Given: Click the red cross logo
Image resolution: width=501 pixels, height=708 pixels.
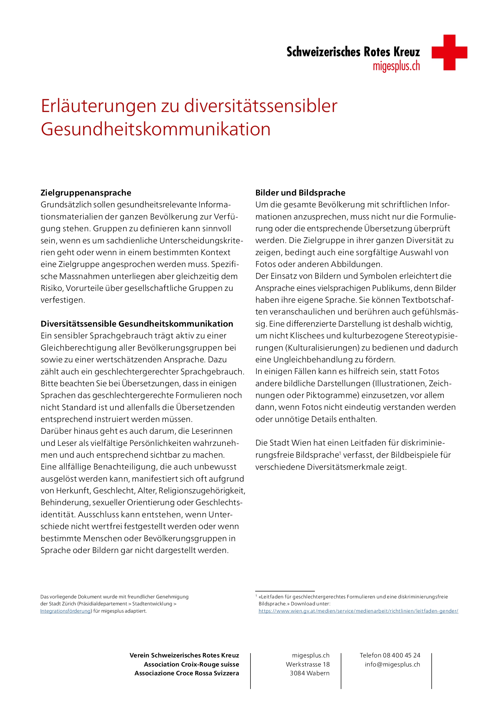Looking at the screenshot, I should coord(449,52).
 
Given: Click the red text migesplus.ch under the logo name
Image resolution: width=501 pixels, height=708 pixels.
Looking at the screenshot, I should coord(396,66).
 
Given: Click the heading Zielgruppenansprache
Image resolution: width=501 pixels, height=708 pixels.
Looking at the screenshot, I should coord(86,193).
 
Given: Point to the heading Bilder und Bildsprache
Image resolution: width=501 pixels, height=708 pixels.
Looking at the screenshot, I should coord(300,193).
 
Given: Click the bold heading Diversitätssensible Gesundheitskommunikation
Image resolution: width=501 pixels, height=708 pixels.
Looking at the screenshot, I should coord(137,324).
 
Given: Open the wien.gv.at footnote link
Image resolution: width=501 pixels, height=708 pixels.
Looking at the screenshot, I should coord(358,611).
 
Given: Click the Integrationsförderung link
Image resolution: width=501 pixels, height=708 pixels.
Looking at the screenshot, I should coord(65,611).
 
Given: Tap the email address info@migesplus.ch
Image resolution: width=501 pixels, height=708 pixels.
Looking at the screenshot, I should coord(392,664).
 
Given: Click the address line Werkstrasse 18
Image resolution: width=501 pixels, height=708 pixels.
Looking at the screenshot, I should coord(307,664).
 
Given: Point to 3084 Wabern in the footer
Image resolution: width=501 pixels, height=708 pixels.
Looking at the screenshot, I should coord(310,673).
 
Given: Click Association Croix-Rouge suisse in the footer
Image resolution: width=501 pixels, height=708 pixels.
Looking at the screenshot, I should coord(191,664).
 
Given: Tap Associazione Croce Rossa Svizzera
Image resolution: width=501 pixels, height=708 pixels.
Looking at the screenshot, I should coord(187,673).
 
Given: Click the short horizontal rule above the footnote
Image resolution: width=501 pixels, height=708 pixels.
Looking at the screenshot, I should coord(285,591).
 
